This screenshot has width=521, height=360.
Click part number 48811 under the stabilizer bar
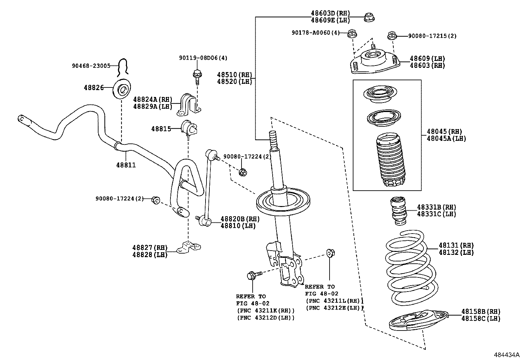click(x=126, y=165)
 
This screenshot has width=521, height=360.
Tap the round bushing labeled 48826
click(x=122, y=89)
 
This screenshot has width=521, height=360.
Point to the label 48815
click(x=161, y=129)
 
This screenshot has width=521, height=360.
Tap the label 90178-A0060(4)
click(x=315, y=32)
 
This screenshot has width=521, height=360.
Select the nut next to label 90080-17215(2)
click(x=391, y=35)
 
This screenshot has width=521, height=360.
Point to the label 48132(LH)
click(x=456, y=252)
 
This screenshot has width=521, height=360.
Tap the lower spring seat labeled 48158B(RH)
click(x=418, y=320)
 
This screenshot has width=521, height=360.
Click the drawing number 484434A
click(x=507, y=355)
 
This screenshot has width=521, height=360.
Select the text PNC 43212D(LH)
click(x=266, y=317)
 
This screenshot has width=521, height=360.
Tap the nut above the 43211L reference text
click(x=330, y=253)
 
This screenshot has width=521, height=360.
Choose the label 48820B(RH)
click(x=240, y=219)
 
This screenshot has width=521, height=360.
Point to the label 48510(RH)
click(x=234, y=75)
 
